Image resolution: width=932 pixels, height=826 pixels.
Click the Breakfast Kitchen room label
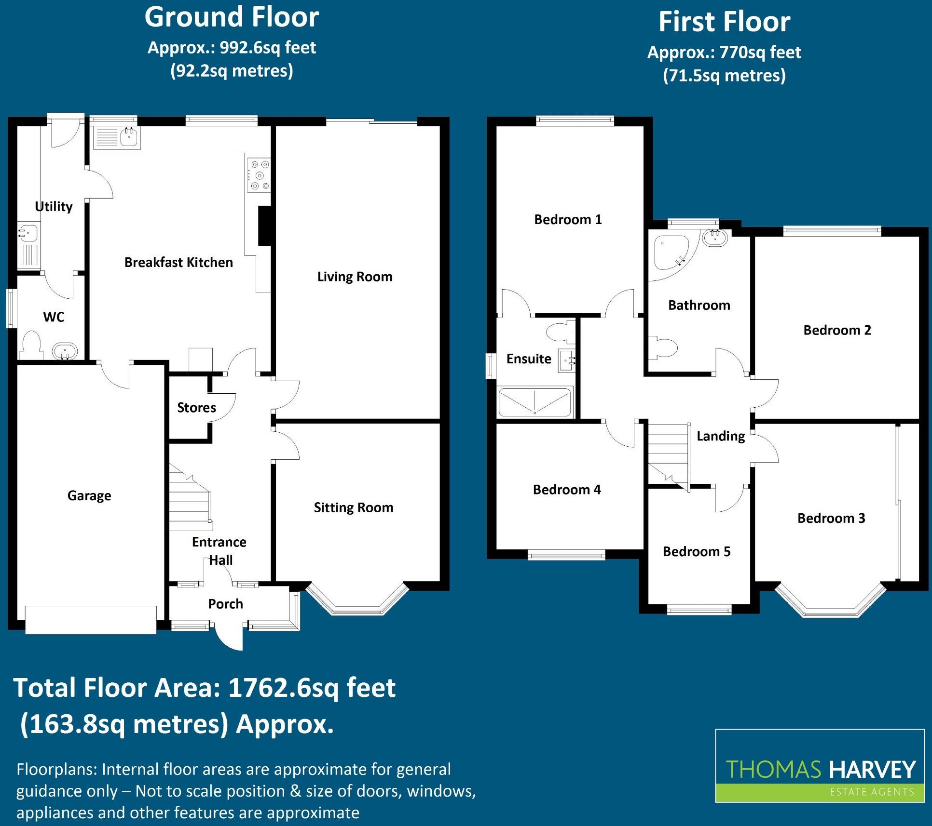[x=178, y=262]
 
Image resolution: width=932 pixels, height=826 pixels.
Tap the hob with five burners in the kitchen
[x=259, y=175]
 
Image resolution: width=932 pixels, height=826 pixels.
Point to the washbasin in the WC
[x=64, y=351]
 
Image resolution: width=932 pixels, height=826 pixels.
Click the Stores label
[x=196, y=408]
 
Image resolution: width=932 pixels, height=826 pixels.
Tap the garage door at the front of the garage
[x=91, y=620]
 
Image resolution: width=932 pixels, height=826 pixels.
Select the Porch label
[x=225, y=604]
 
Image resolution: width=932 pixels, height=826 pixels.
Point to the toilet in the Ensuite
[x=561, y=332]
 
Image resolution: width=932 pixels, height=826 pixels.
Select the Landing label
[x=721, y=436]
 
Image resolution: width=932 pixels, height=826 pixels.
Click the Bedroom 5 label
[x=697, y=551]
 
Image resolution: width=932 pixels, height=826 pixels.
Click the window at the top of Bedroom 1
[x=575, y=120]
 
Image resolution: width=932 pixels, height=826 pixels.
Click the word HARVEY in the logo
[x=872, y=770]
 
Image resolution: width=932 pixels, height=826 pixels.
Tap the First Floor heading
[x=724, y=22]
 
